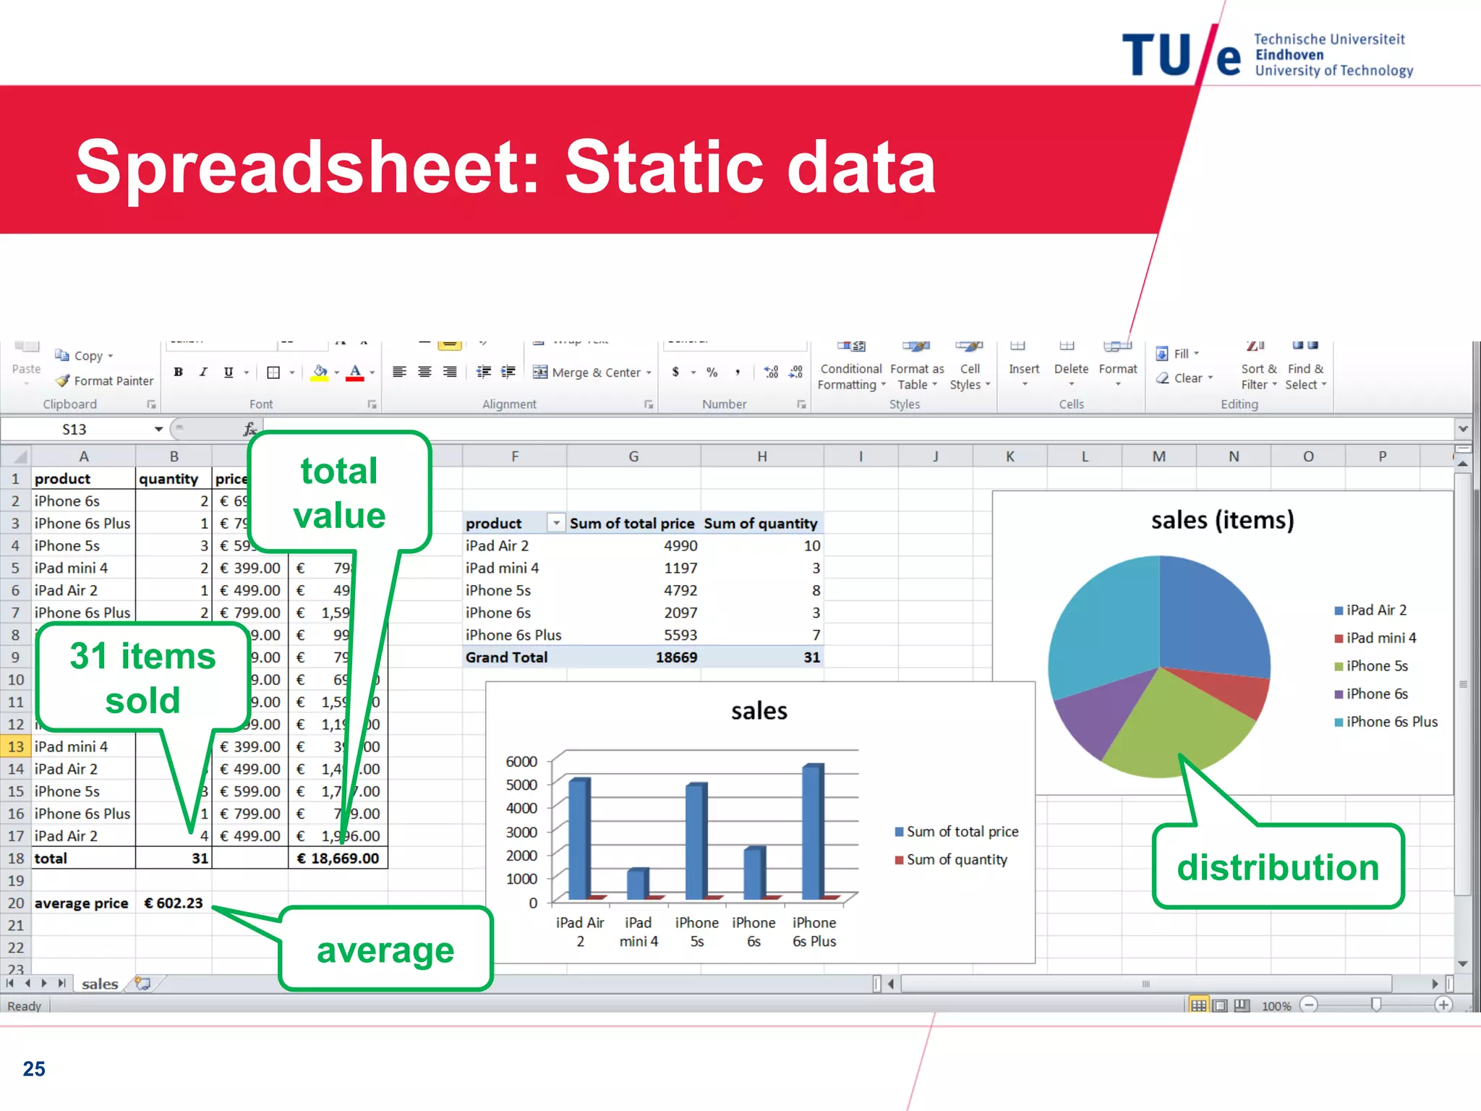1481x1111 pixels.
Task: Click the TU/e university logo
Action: click(x=1266, y=55)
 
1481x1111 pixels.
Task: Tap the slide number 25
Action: click(x=34, y=1068)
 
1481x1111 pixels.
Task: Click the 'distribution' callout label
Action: click(x=1278, y=867)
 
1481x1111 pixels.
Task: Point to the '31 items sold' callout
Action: click(x=142, y=678)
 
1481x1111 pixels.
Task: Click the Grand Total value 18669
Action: click(x=676, y=657)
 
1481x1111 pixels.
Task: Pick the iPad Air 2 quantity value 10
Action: click(x=811, y=546)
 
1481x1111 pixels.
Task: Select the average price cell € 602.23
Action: click(x=174, y=903)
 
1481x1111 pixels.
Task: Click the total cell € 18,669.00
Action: click(x=338, y=859)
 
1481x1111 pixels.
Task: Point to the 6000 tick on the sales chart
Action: click(x=521, y=762)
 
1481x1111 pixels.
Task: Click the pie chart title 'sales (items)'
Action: click(x=1222, y=520)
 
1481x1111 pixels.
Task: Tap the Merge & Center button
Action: click(x=592, y=373)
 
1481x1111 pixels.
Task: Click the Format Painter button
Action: click(x=105, y=381)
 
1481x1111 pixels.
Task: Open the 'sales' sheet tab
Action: click(x=100, y=984)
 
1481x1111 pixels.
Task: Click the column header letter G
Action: click(x=633, y=456)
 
